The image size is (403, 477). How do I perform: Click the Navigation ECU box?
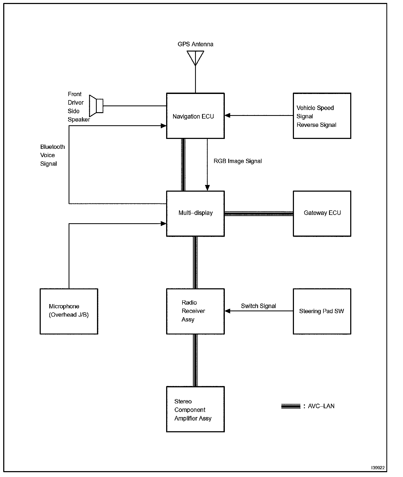[x=195, y=116]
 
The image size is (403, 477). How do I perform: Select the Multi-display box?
[x=195, y=213]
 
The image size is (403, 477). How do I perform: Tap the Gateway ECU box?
[x=322, y=213]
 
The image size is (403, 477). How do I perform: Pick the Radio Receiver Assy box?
[x=195, y=311]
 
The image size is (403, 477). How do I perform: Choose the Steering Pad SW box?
[x=322, y=311]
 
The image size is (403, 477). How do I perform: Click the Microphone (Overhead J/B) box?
[x=69, y=311]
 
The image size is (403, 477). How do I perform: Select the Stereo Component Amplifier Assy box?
[x=195, y=409]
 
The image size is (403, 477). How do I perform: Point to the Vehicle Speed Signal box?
[x=322, y=116]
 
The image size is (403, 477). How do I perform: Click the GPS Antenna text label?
[x=195, y=44]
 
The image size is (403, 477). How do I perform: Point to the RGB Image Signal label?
[x=237, y=161]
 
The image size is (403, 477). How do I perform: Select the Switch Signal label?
[x=258, y=306]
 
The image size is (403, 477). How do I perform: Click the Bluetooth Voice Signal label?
[x=52, y=155]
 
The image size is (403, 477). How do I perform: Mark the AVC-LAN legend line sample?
[x=291, y=406]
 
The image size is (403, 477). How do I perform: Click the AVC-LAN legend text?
[x=321, y=406]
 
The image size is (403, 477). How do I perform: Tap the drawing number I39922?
[x=378, y=467]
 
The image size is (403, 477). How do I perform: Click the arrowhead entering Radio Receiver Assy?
[x=227, y=311]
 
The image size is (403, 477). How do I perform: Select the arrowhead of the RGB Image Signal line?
[x=207, y=188]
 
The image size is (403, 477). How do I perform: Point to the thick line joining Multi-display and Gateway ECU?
[x=259, y=213]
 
